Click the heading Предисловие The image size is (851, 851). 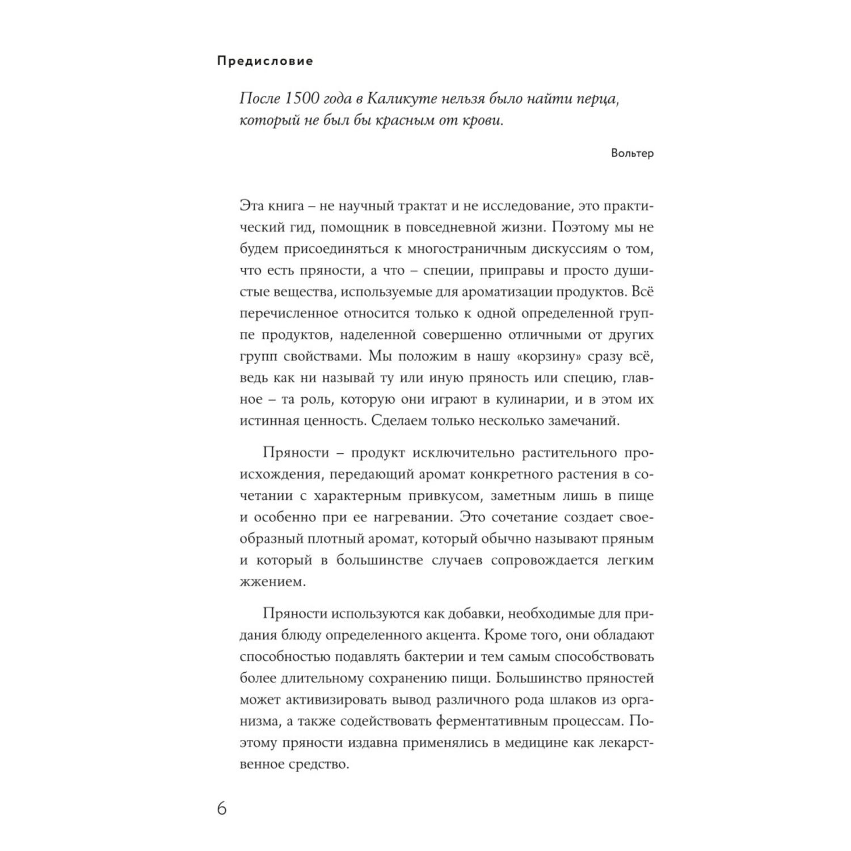265,61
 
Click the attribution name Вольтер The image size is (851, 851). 633,153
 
